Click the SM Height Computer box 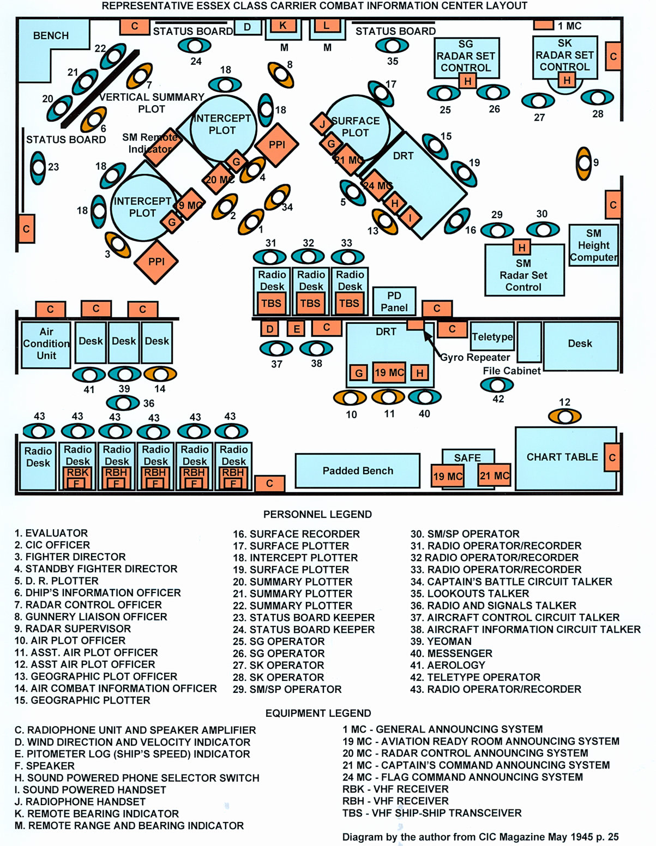593,245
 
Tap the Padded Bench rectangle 358,470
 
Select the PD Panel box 394,301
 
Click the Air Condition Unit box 46,344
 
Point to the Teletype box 492,337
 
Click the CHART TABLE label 562,457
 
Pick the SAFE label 467,458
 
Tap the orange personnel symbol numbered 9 584,163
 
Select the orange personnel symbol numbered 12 564,417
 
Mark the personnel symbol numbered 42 497,385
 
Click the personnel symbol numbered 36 123,403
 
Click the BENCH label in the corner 51,35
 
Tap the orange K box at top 282,26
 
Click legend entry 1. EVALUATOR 51,533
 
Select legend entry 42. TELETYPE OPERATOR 475,677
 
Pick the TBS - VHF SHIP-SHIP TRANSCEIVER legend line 432,813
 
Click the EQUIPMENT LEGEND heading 318,713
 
